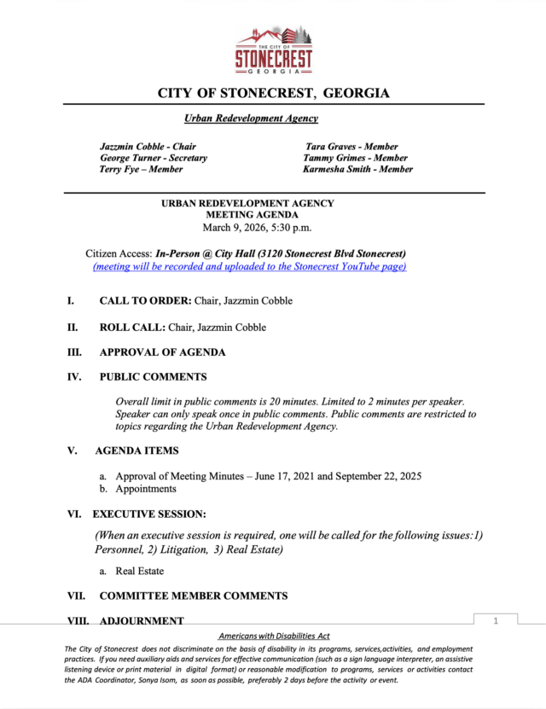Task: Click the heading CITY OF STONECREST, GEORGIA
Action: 274,93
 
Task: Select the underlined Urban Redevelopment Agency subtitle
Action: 251,119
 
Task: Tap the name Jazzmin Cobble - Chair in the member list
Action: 148,147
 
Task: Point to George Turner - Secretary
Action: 154,158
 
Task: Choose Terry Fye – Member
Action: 141,169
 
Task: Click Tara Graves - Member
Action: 351,147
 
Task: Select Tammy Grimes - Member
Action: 355,158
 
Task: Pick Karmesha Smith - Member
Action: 357,169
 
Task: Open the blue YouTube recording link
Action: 249,266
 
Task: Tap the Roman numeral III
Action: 75,352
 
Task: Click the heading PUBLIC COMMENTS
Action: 153,376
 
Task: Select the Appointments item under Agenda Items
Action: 146,489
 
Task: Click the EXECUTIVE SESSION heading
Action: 149,514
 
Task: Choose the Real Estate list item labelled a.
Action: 139,571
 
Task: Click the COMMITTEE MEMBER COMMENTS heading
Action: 193,596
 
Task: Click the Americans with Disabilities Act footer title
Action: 274,636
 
